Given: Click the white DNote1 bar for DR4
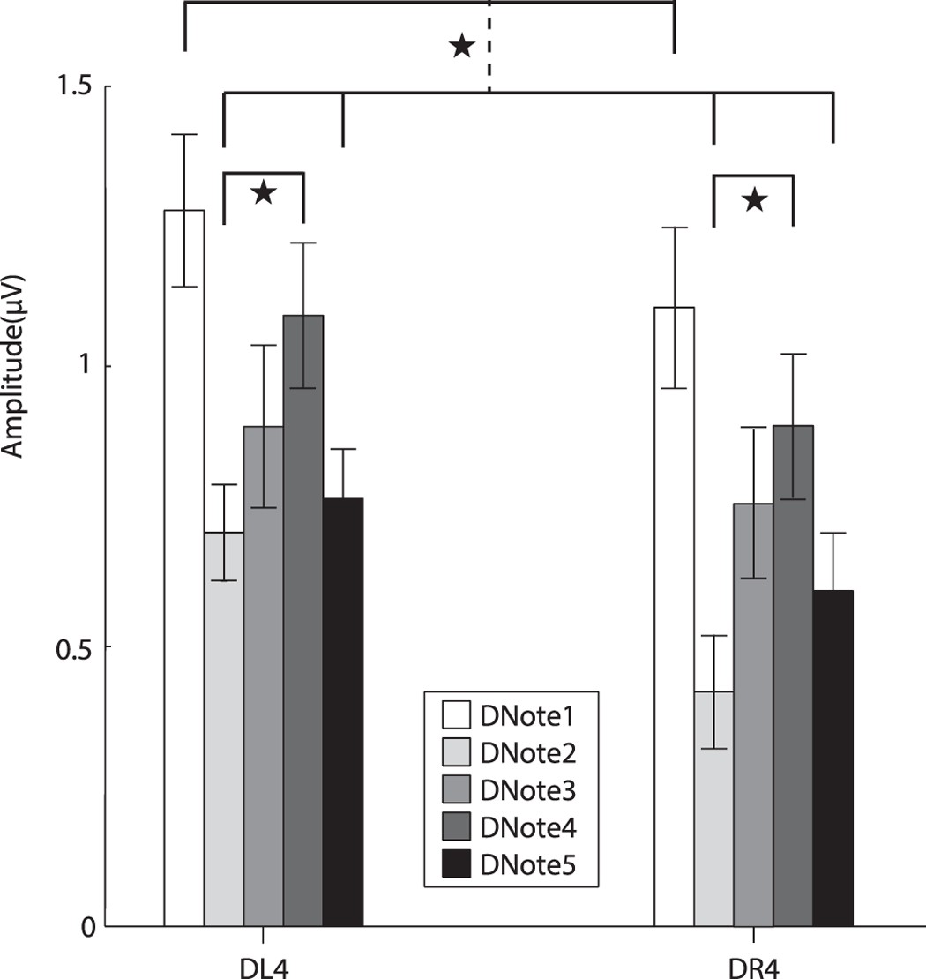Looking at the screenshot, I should (674, 617).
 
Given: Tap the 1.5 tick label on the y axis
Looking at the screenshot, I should (76, 87).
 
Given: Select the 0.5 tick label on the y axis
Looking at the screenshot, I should (76, 646).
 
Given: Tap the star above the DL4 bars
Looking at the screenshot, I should (264, 193).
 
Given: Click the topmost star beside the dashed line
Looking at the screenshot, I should (460, 46).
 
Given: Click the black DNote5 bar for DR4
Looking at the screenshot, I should (833, 758).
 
